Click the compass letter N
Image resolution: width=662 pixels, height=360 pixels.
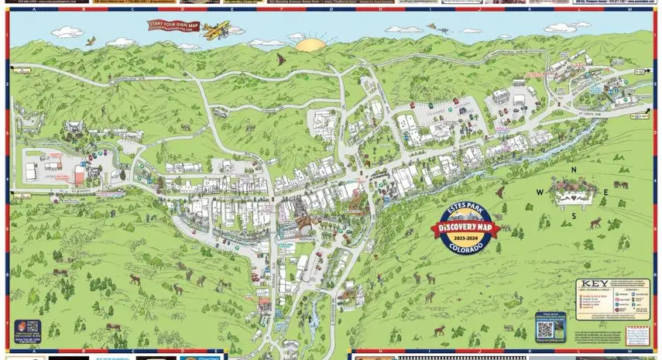(x=574, y=170)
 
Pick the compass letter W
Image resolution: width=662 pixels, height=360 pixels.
(x=540, y=193)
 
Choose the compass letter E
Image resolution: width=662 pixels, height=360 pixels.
(x=606, y=193)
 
